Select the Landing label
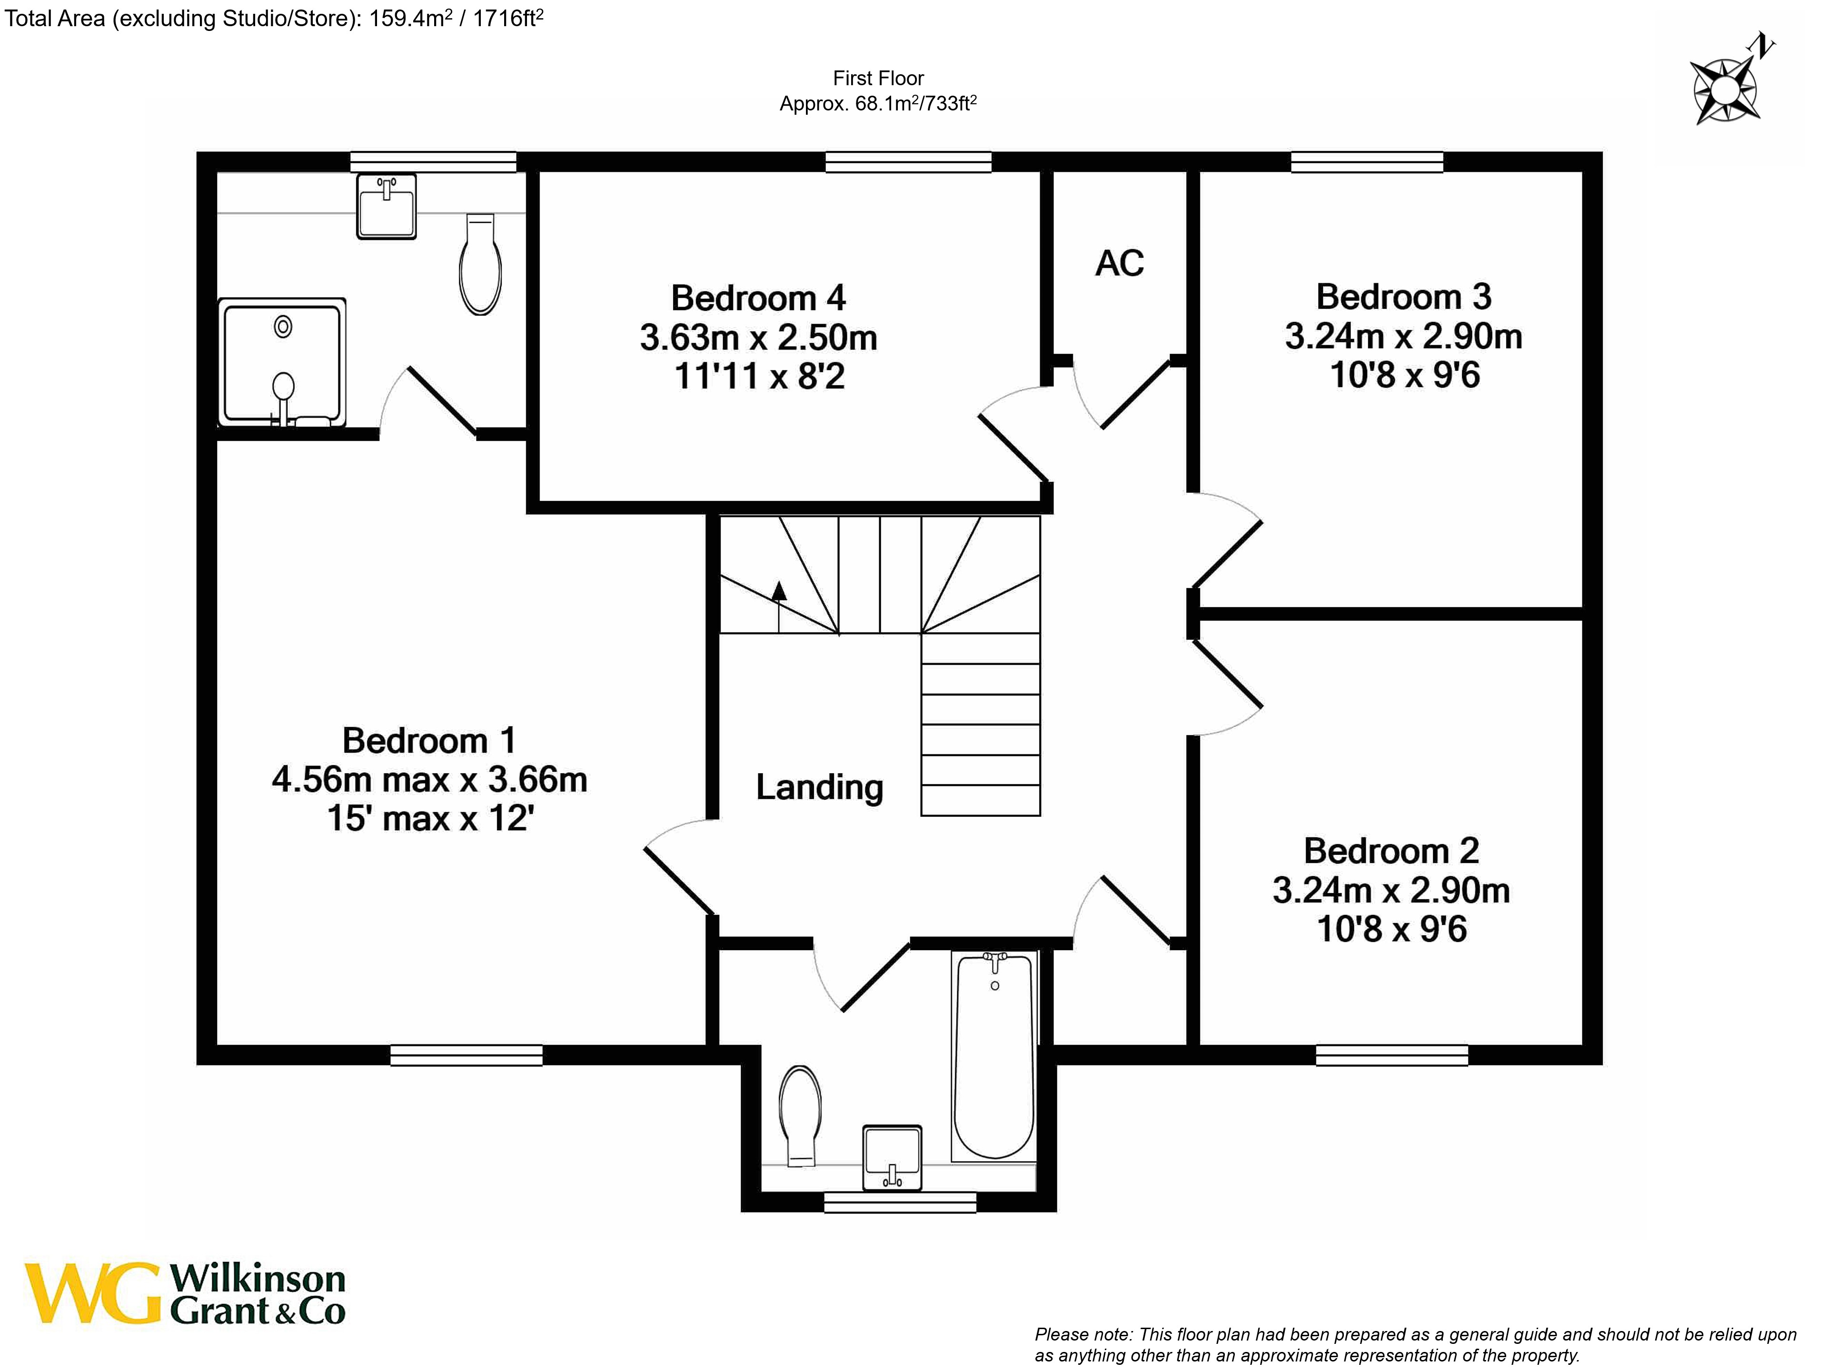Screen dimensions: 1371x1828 coord(819,787)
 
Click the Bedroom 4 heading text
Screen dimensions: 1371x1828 coord(758,298)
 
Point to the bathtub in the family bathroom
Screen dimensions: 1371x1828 coord(993,1058)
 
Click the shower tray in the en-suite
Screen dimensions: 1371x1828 coord(282,362)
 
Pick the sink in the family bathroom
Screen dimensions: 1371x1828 coord(892,1157)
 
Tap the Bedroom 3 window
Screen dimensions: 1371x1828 coord(1367,162)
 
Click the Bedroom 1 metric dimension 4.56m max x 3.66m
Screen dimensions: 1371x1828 coord(429,779)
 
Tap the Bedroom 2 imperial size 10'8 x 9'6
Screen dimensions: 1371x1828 coord(1391,929)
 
